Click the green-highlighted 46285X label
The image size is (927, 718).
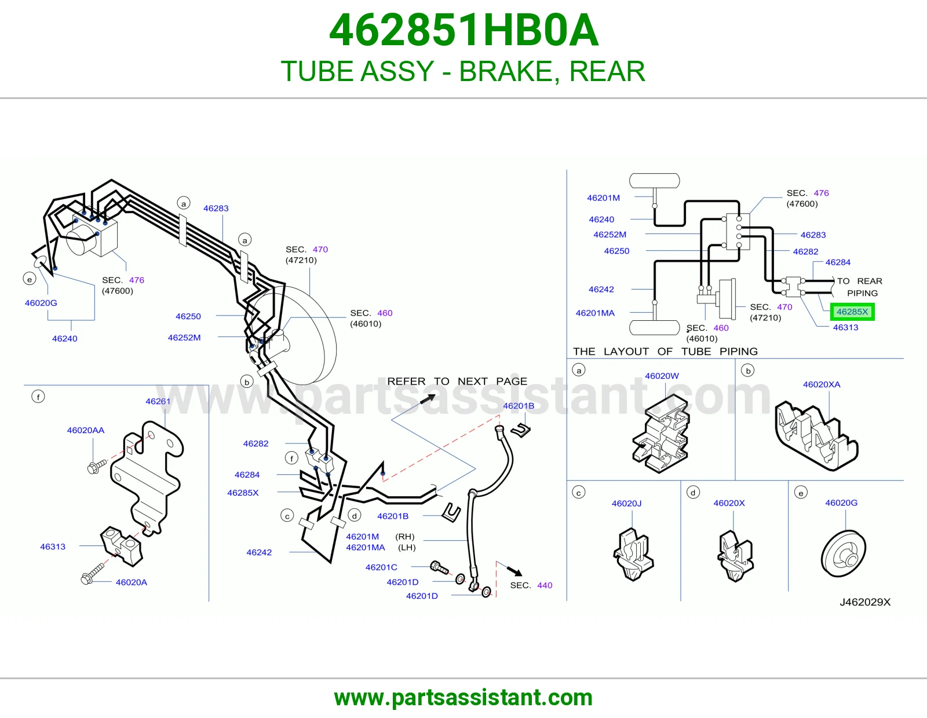tap(852, 312)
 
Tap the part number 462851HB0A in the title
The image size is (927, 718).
tap(463, 30)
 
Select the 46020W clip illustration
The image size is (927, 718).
tap(661, 434)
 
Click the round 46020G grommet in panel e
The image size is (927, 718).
tap(844, 554)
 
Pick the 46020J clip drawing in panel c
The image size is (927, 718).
tap(633, 554)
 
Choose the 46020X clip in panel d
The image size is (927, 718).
tap(735, 555)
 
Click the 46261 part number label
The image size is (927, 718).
tap(158, 401)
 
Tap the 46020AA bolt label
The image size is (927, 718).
tap(85, 430)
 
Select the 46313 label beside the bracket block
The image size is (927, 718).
tap(53, 547)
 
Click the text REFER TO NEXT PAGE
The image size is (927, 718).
tap(457, 381)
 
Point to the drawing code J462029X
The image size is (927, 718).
tap(865, 602)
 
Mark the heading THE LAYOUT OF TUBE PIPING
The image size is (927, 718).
tap(665, 351)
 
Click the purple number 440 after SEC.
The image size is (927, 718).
tap(545, 585)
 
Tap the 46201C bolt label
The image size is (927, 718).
tap(381, 567)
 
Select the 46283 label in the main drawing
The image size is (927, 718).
tap(216, 208)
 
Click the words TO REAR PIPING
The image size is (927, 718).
tap(860, 287)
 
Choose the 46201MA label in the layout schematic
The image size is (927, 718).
tap(595, 313)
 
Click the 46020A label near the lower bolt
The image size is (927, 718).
tap(132, 582)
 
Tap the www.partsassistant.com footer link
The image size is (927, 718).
tap(463, 698)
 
